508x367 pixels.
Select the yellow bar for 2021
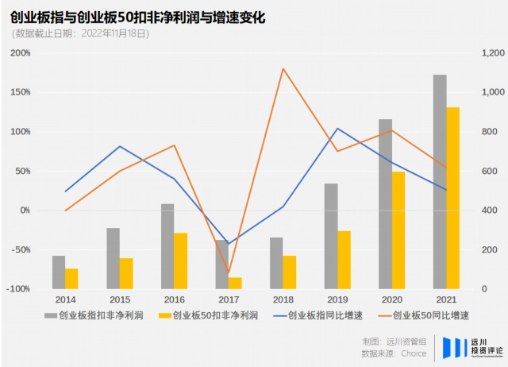point(452,198)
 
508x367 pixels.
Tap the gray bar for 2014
point(59,272)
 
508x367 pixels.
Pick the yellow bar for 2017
point(235,283)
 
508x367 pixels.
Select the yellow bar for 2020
point(398,230)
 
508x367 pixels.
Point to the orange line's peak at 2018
point(283,68)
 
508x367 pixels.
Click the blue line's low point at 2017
point(229,243)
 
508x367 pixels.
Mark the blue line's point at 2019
point(337,129)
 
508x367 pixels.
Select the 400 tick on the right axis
point(487,211)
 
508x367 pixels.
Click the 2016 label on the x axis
point(174,300)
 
